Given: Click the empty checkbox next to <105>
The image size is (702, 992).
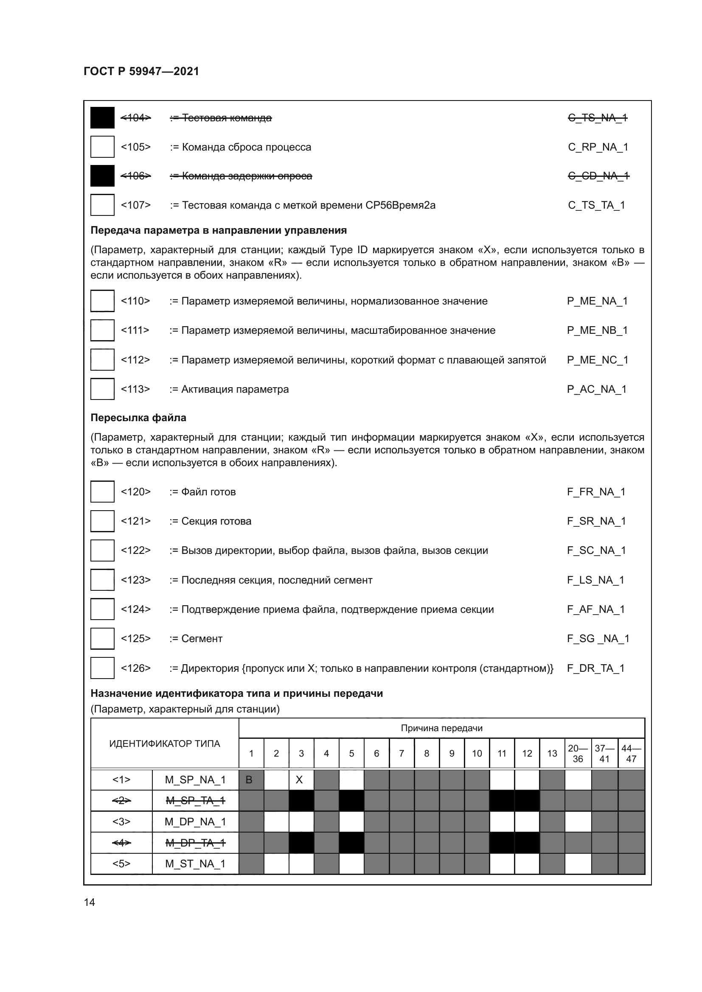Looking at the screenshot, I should (102, 147).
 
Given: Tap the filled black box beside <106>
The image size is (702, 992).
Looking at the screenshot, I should (102, 176).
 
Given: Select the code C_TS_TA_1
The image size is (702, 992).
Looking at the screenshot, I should (596, 205).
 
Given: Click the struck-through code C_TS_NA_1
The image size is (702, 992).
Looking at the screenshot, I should (598, 118).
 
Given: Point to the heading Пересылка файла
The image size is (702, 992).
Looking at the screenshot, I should (138, 418).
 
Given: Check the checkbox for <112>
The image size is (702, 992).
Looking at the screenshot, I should (102, 360).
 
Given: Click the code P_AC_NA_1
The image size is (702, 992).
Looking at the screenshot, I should (596, 389).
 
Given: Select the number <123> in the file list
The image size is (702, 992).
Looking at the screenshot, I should (135, 580).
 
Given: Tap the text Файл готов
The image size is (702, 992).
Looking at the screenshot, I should (208, 492).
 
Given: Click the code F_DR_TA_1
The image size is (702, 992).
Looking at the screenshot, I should (595, 668).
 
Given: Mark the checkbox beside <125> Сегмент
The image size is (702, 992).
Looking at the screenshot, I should (102, 639).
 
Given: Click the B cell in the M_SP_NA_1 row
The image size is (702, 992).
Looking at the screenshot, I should (250, 780).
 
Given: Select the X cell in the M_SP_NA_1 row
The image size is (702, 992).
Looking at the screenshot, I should (299, 780).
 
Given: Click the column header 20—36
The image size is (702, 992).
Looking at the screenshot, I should (578, 753).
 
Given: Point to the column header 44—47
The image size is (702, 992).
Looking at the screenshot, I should (631, 753).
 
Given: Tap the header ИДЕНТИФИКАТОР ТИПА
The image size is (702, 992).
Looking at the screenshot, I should (164, 743).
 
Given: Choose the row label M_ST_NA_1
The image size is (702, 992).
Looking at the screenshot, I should (195, 863).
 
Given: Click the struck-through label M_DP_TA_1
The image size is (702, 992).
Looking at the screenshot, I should (195, 843).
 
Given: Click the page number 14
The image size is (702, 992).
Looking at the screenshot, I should (89, 902).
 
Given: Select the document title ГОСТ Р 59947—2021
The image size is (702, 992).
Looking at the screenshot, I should (141, 71).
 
